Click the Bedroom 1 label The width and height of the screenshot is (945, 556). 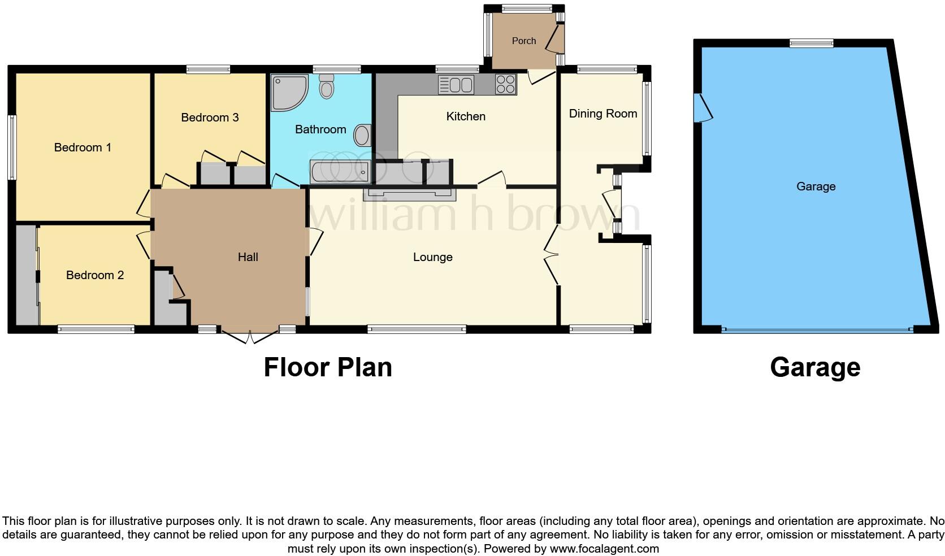[x=83, y=147]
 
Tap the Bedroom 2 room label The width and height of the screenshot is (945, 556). [x=95, y=275]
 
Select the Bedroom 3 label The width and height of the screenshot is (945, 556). [x=210, y=118]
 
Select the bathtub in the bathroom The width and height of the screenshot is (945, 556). [x=340, y=171]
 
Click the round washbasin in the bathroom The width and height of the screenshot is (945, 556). [x=362, y=135]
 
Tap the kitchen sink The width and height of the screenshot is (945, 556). [x=456, y=85]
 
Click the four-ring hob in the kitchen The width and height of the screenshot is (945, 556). [x=505, y=85]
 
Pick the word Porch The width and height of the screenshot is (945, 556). [x=524, y=41]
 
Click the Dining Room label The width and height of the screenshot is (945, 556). [x=603, y=114]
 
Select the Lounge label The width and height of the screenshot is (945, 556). [x=433, y=257]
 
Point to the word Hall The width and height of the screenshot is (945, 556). [x=248, y=257]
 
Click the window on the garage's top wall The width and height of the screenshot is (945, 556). [x=812, y=43]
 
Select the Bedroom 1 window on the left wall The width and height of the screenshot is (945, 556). [x=12, y=147]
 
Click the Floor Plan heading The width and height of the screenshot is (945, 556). [x=328, y=367]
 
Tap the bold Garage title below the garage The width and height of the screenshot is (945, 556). [x=815, y=367]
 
